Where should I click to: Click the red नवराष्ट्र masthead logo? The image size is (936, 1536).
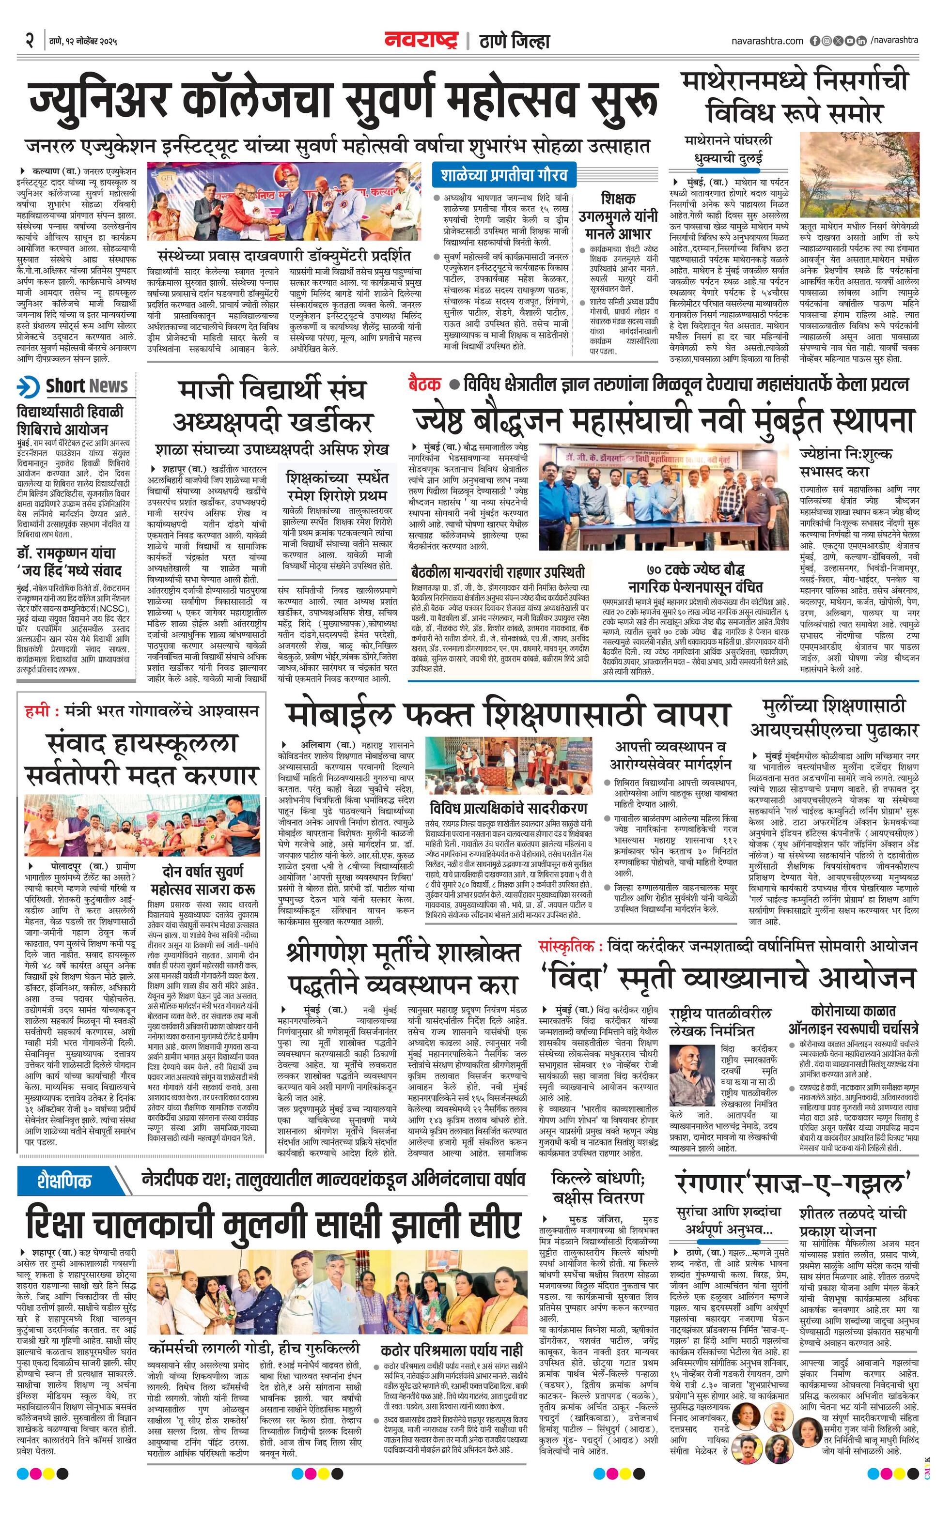pyautogui.click(x=421, y=41)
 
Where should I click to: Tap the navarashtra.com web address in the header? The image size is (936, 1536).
pyautogui.click(x=767, y=41)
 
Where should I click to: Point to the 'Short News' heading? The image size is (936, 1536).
pyautogui.click(x=87, y=386)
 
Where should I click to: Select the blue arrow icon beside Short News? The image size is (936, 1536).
pyautogui.click(x=28, y=386)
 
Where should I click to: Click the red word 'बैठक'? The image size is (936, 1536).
pyautogui.click(x=424, y=384)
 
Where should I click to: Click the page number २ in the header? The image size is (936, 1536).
pyautogui.click(x=29, y=41)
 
